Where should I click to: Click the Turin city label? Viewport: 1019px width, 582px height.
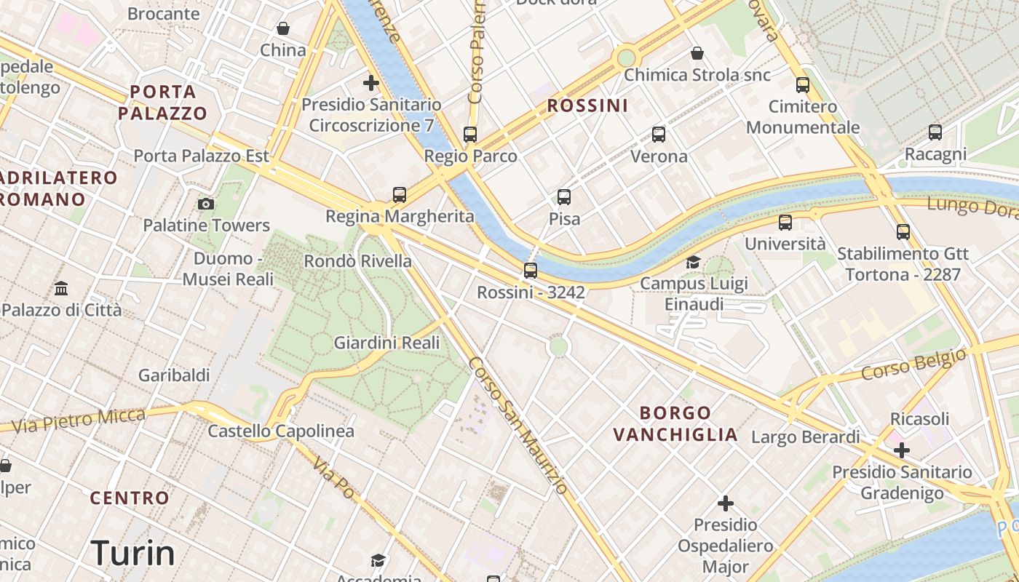133,554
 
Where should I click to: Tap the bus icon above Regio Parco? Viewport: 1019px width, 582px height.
470,134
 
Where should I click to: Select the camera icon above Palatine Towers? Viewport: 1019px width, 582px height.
206,204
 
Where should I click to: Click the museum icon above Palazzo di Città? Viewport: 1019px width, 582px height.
61,288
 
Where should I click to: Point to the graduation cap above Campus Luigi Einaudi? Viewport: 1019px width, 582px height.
693,262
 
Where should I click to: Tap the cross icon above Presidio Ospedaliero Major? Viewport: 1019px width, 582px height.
725,503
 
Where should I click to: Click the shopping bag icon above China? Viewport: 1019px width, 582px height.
283,28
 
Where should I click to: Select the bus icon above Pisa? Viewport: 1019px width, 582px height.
564,196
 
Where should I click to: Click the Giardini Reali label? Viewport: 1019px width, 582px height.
386,343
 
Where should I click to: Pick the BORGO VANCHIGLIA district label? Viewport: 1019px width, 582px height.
675,423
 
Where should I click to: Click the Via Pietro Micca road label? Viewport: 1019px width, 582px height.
79,420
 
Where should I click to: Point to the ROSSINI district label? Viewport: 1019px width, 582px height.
587,105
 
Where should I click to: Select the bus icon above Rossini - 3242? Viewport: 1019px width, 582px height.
531,271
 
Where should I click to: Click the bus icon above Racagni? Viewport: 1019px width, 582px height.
935,132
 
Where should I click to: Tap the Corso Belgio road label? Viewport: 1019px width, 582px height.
913,364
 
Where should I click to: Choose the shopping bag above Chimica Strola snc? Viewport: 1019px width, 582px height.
697,53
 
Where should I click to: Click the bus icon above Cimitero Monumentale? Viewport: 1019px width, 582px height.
803,85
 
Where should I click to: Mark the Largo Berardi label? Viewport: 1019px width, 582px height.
806,437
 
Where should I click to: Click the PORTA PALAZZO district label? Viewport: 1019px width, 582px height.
163,102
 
